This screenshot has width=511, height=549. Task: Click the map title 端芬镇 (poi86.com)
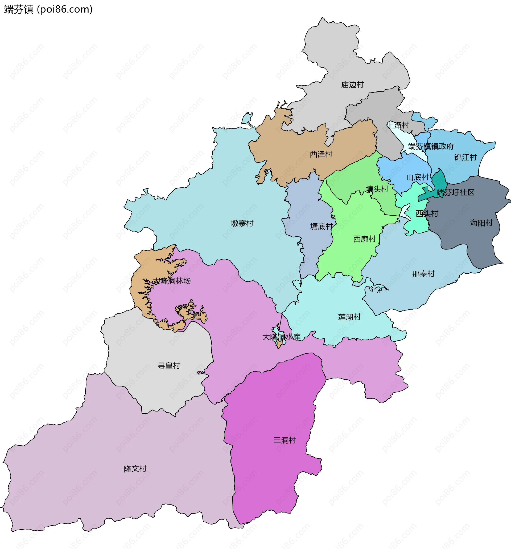48,9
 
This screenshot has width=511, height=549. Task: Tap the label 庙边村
352,85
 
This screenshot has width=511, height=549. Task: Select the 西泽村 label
321,154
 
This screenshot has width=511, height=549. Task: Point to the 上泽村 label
398,125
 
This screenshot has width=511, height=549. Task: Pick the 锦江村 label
465,158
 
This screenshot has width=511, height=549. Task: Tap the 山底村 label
418,177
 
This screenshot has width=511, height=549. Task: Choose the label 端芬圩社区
456,192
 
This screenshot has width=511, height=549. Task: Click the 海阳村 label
481,223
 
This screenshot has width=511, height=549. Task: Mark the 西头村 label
427,213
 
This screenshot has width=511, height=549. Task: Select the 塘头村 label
377,189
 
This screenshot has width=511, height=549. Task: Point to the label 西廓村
365,239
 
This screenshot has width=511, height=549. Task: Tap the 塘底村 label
322,227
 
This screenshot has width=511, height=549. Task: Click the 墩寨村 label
242,223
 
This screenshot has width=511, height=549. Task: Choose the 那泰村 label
423,274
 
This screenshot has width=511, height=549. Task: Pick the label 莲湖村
349,317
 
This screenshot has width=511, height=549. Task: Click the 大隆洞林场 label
172,281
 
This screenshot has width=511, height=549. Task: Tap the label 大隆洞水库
281,337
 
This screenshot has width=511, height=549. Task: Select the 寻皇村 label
169,366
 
